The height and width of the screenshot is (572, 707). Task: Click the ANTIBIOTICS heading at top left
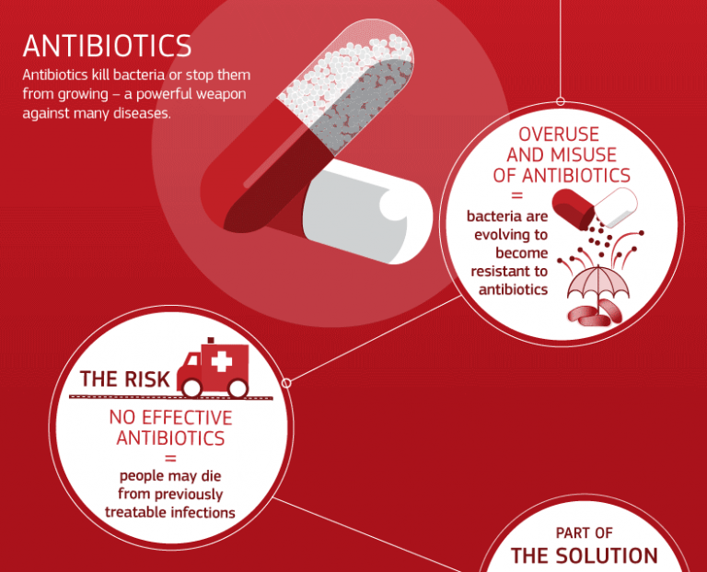pos(107,45)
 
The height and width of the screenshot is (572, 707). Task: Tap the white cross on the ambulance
pos(222,361)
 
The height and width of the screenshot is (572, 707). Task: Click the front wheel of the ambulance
pos(238,389)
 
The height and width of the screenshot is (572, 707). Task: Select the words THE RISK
pos(124,379)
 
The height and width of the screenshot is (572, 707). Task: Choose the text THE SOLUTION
pos(584,555)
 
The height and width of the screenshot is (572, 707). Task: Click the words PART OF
pos(585,532)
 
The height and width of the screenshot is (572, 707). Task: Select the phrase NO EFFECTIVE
pos(170,417)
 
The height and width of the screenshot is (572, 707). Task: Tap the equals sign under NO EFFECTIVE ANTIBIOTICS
pos(170,458)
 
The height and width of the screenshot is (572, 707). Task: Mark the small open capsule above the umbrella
pos(593,204)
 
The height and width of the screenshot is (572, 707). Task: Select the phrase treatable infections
pos(170,512)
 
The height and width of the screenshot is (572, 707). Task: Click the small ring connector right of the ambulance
pos(285,382)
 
